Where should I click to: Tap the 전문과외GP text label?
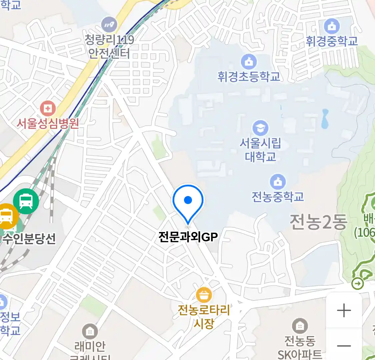tap(188, 237)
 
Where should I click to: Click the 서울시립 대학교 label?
tap(260, 150)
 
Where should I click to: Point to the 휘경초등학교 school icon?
tap(249, 62)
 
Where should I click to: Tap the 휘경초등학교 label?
tap(249, 77)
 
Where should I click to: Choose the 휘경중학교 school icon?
tap(332, 26)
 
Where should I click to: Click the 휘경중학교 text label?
tap(332, 41)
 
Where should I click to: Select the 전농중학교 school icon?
tap(278, 182)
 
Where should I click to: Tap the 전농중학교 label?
tap(278, 197)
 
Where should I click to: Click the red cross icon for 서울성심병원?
tap(48, 108)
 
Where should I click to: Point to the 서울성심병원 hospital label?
tap(48, 123)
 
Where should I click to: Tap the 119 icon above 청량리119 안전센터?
tap(109, 24)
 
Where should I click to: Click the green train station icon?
tap(26, 201)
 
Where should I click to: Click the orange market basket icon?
tap(204, 295)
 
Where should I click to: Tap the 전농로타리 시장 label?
tap(204, 316)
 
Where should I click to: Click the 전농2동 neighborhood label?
tap(318, 222)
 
